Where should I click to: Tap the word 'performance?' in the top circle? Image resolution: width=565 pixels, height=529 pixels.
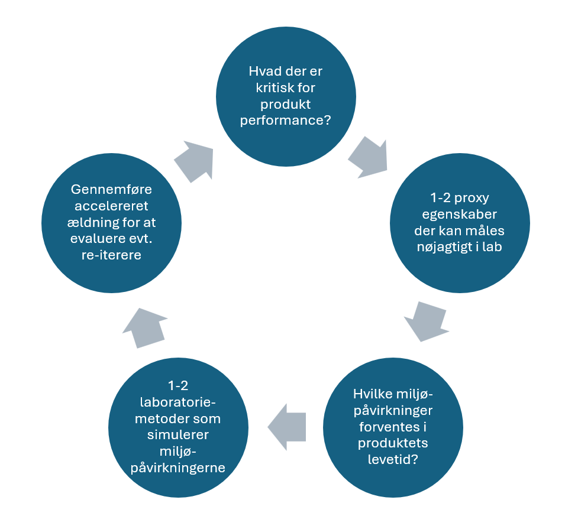pos(285,121)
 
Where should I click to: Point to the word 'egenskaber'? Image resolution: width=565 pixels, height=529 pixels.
pos(460,215)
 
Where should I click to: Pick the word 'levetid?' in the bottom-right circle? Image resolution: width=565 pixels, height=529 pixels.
pos(393,459)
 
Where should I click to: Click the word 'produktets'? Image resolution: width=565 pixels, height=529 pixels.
pos(393,443)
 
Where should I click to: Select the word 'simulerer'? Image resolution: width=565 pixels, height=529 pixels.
pos(178,435)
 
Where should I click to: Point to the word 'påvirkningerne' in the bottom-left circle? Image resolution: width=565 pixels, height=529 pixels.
pos(178,468)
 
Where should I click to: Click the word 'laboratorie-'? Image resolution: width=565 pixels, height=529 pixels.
pos(178,403)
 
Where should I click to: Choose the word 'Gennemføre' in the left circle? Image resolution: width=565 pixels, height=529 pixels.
pos(111,189)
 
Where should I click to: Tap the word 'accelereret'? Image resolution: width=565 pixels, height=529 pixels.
pos(111,206)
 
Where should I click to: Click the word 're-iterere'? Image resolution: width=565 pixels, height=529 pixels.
pos(111,255)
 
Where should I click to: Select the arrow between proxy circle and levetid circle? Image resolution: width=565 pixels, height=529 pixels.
pos(427,321)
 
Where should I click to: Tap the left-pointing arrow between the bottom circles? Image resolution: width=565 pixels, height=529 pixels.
pos(287,427)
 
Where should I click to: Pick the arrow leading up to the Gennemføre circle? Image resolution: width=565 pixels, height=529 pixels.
pos(144,328)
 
